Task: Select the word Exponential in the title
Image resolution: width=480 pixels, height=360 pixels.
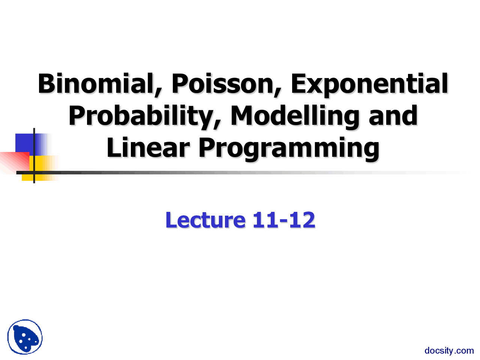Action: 369,84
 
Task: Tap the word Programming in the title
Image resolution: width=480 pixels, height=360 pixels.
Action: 289,148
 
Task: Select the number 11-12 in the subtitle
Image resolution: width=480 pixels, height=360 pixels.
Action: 284,220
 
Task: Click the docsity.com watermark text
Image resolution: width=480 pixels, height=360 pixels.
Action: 449,351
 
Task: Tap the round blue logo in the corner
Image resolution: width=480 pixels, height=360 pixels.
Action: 25,337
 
